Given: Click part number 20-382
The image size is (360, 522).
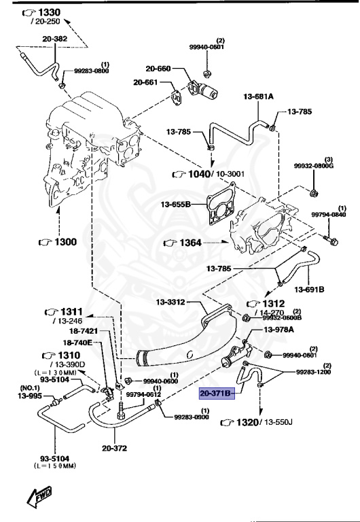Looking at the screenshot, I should pyautogui.click(x=56, y=39).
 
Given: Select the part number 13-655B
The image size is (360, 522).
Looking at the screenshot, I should pyautogui.click(x=175, y=203).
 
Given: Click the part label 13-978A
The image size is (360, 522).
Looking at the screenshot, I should pyautogui.click(x=278, y=330).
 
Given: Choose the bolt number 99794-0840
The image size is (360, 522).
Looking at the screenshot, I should pyautogui.click(x=329, y=215).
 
